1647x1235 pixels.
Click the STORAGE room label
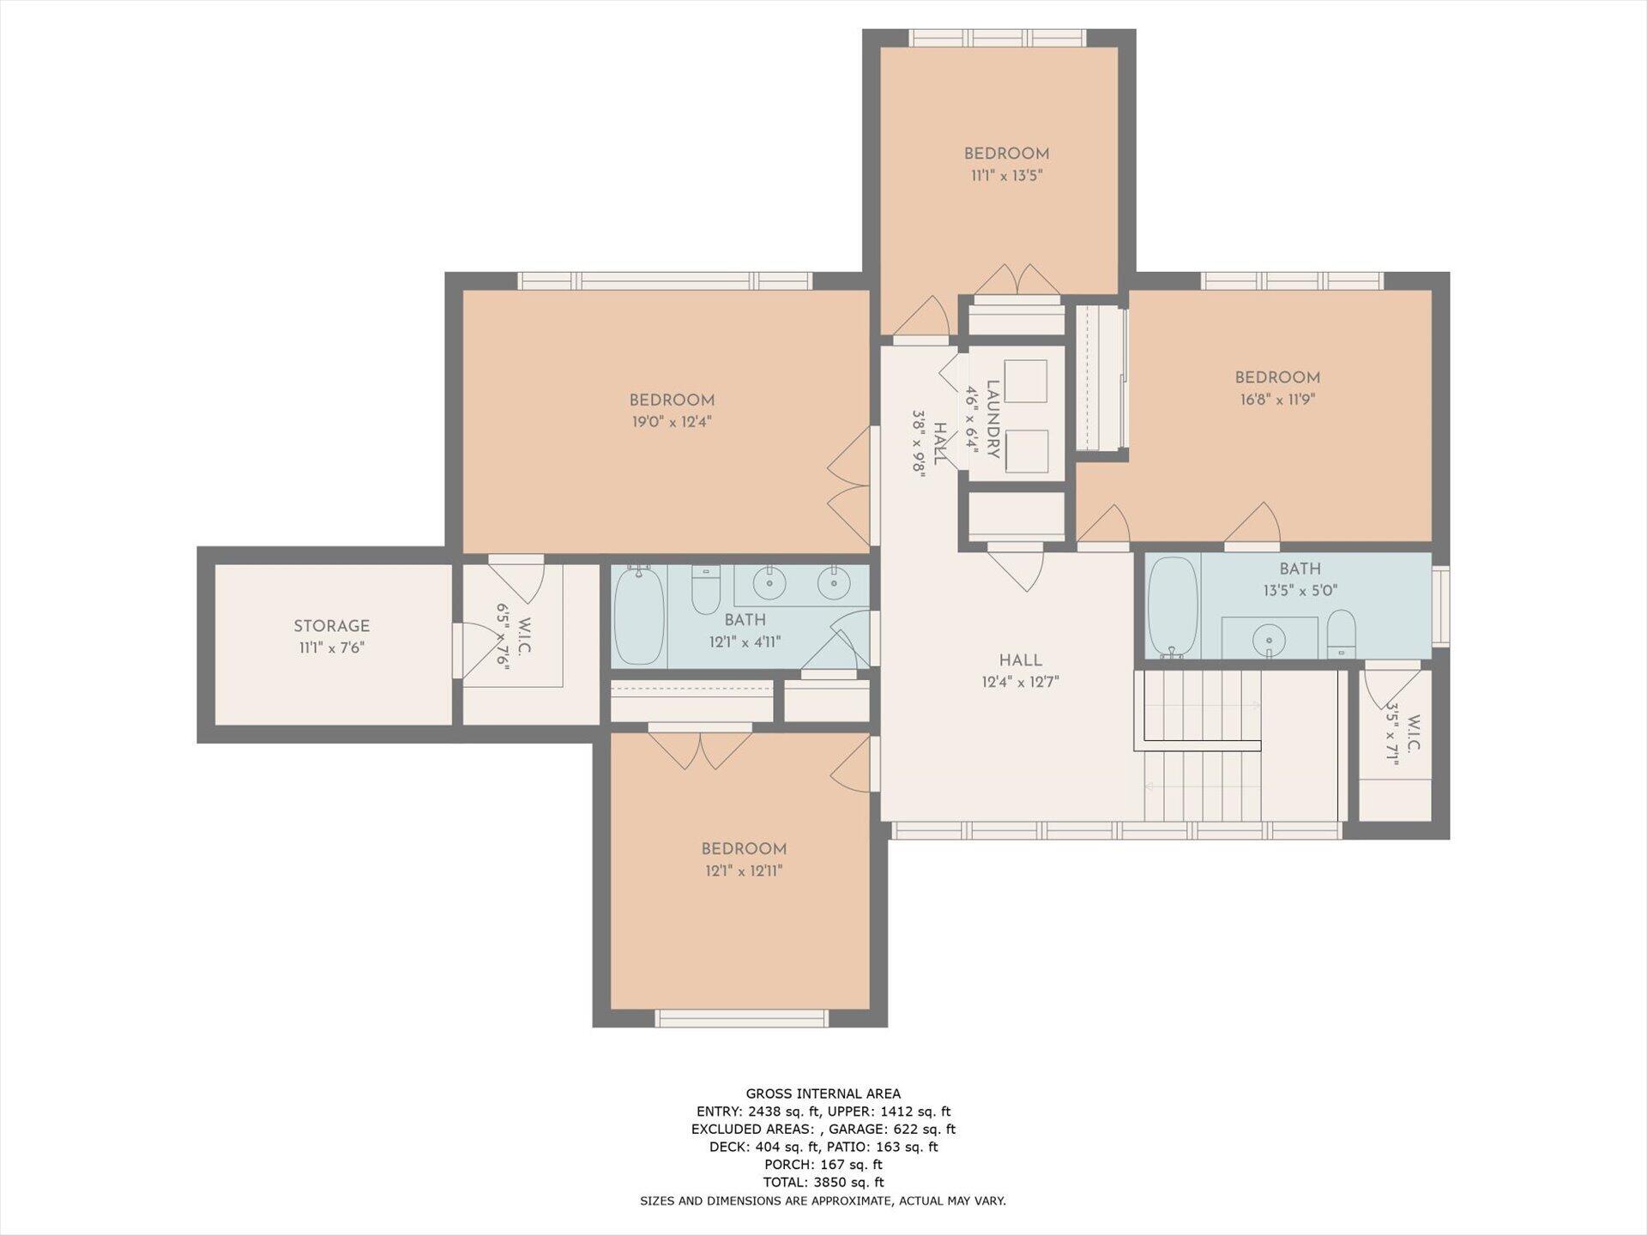pyautogui.click(x=331, y=626)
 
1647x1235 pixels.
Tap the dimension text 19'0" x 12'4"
pyautogui.click(x=672, y=422)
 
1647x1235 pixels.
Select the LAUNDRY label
pyautogui.click(x=993, y=419)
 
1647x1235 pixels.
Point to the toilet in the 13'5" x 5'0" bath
pyautogui.click(x=1340, y=635)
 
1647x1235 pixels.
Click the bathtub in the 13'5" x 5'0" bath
pyautogui.click(x=1173, y=606)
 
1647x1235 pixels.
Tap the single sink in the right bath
pyautogui.click(x=1269, y=640)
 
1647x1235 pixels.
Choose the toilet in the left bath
pyautogui.click(x=706, y=589)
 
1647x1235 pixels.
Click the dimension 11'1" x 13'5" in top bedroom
pyautogui.click(x=1006, y=176)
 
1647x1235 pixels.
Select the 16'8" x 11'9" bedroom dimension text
pyautogui.click(x=1277, y=400)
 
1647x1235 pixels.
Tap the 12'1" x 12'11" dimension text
pyautogui.click(x=744, y=871)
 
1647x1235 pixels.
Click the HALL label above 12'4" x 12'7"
pyautogui.click(x=1021, y=660)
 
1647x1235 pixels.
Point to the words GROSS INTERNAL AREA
pyautogui.click(x=823, y=1093)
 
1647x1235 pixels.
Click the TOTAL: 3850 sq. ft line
pyautogui.click(x=823, y=1183)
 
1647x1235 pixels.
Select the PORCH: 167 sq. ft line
pyautogui.click(x=823, y=1165)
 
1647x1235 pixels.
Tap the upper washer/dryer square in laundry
pyautogui.click(x=1026, y=381)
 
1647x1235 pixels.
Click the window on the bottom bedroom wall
pyautogui.click(x=742, y=1018)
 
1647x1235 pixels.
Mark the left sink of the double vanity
pyautogui.click(x=769, y=583)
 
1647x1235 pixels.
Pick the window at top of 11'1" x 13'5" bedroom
pyautogui.click(x=998, y=38)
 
